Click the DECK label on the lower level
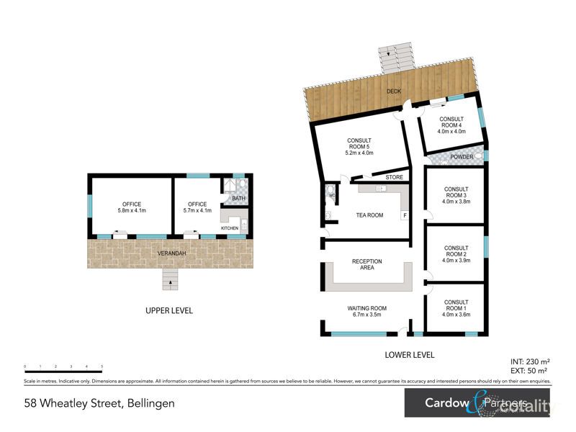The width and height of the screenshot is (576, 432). pyautogui.click(x=393, y=91)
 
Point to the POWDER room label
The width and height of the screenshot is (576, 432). pyautogui.click(x=462, y=157)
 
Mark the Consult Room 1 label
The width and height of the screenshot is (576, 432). pyautogui.click(x=456, y=308)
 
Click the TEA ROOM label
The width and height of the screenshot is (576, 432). pyautogui.click(x=369, y=215)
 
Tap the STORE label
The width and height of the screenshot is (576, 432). pyautogui.click(x=394, y=177)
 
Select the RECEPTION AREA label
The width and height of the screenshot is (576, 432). pyautogui.click(x=366, y=265)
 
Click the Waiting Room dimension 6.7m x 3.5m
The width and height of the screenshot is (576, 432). pyautogui.click(x=366, y=315)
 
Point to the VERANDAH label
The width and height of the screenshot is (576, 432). pyautogui.click(x=172, y=253)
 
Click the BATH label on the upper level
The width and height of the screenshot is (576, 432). pyautogui.click(x=239, y=199)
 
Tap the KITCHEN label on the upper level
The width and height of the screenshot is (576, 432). pyautogui.click(x=229, y=228)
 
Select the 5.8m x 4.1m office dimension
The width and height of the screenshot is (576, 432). pyautogui.click(x=132, y=211)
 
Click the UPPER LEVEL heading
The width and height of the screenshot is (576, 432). pyautogui.click(x=168, y=311)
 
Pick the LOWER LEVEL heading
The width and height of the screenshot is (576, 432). pyautogui.click(x=410, y=355)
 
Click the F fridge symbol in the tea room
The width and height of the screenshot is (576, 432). pyautogui.click(x=405, y=215)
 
